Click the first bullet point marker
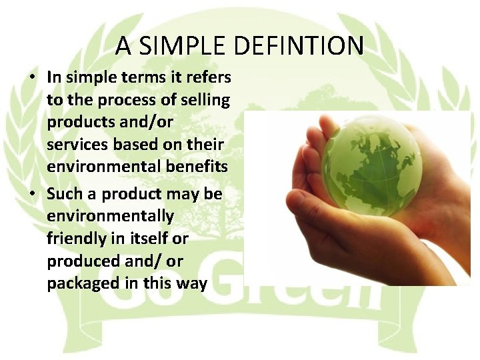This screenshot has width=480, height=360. [x=31, y=77]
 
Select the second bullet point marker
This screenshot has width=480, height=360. [x=31, y=194]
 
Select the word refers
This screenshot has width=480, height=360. [x=210, y=77]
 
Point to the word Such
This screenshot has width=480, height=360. [x=64, y=194]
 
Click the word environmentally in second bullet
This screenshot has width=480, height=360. [x=110, y=216]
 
